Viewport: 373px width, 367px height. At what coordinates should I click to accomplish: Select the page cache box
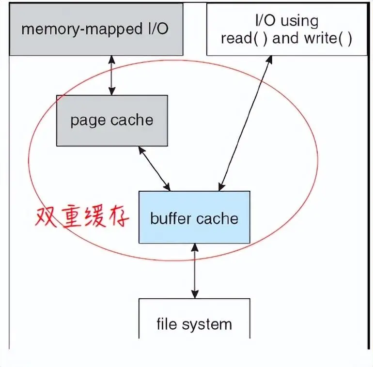tap(112, 121)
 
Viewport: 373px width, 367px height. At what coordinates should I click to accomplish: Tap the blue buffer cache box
tap(194, 217)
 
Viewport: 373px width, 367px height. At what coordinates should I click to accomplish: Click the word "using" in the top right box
tap(300, 21)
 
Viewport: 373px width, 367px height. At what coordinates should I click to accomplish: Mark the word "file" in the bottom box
tap(166, 323)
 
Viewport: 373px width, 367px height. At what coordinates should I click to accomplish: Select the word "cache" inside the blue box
tap(216, 218)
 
